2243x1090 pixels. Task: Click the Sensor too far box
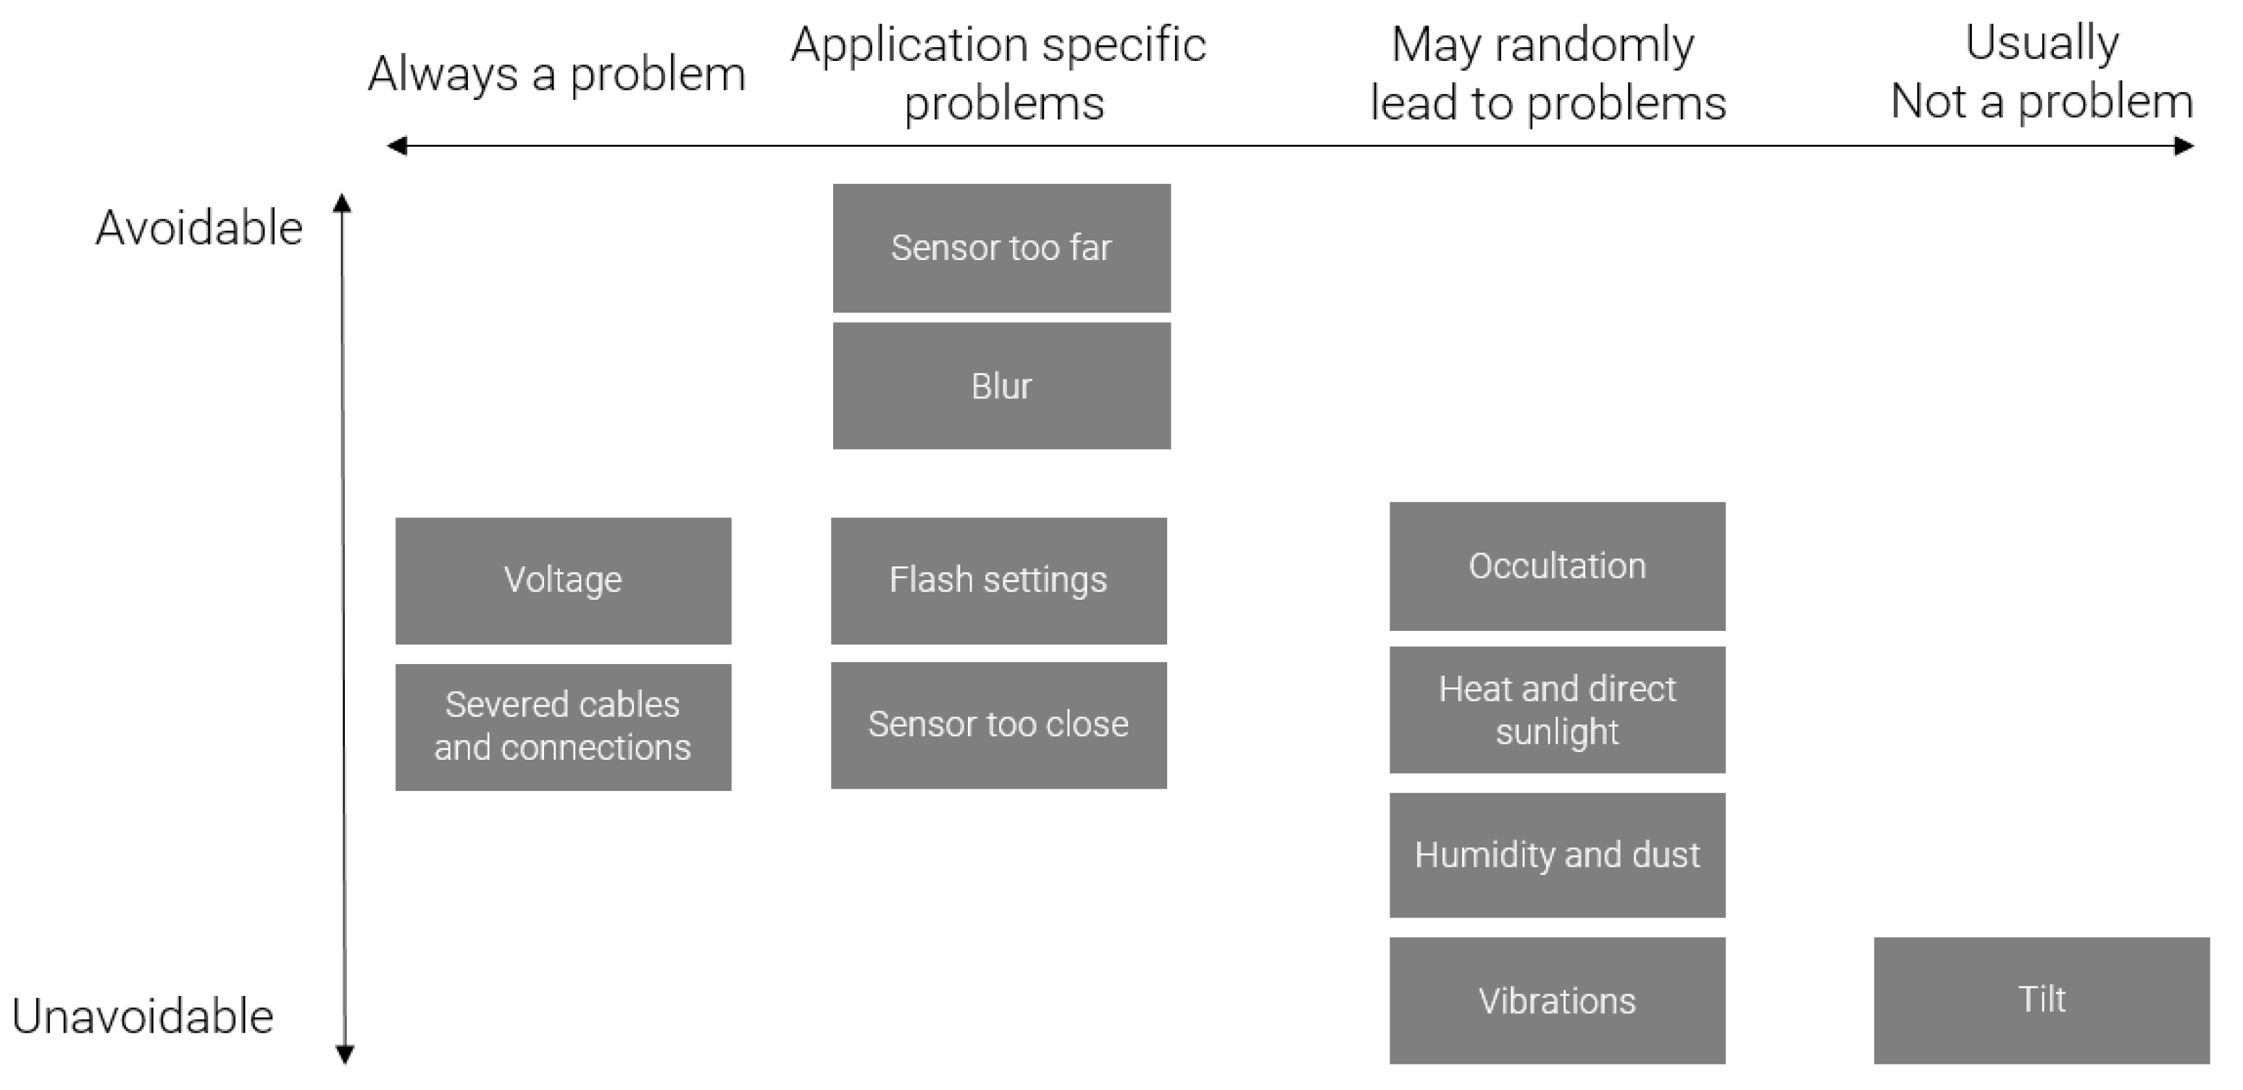(x=1001, y=248)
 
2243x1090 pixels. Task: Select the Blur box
(x=1001, y=386)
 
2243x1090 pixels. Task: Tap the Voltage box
(x=564, y=581)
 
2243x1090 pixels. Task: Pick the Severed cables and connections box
(x=564, y=727)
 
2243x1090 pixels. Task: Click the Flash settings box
(x=999, y=581)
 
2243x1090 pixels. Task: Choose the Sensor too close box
(x=999, y=725)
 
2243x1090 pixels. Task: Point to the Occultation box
(x=1557, y=566)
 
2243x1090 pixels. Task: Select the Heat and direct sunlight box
(x=1557, y=710)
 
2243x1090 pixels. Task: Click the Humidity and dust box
(x=1557, y=855)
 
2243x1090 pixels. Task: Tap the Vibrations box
(x=1557, y=1000)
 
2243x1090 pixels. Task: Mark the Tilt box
(x=2041, y=1000)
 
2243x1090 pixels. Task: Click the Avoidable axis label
(x=199, y=228)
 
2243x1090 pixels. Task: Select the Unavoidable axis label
(x=143, y=1016)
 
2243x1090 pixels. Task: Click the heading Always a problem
(x=556, y=74)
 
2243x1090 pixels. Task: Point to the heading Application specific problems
(x=999, y=74)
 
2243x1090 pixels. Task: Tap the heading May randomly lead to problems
(x=1547, y=74)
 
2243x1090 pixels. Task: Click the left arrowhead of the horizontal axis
(x=397, y=146)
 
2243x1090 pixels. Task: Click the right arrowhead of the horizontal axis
(x=2183, y=146)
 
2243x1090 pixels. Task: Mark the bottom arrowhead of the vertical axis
(x=345, y=1055)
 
